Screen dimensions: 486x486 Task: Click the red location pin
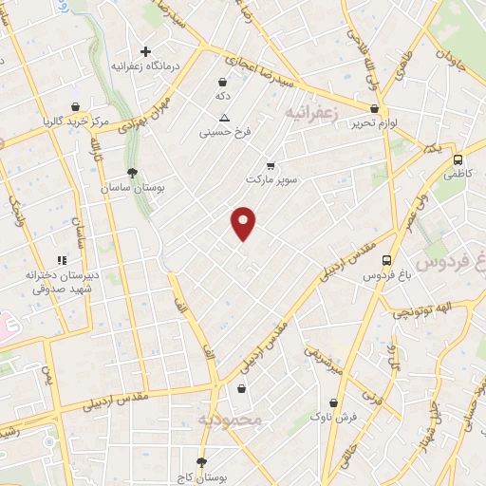tap(244, 222)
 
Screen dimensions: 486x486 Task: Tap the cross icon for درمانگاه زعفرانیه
tap(145, 51)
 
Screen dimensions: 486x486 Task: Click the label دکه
tap(222, 97)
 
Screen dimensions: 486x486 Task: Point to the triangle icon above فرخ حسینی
tap(223, 118)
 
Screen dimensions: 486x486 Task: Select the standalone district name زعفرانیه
tap(311, 113)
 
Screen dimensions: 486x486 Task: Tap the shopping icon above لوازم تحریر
tap(374, 108)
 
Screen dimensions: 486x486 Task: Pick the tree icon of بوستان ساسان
tap(132, 174)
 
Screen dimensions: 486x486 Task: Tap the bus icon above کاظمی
tap(458, 160)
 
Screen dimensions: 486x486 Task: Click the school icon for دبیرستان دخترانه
tap(62, 259)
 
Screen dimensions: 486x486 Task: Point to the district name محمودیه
tap(228, 419)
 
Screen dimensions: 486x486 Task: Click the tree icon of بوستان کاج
tap(201, 462)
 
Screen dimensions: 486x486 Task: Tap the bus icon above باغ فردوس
tap(386, 260)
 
